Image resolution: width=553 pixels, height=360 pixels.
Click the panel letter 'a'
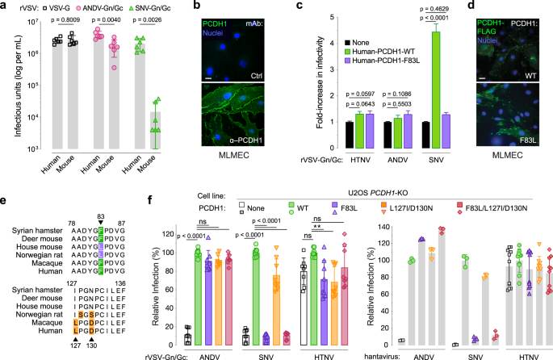pos(6,7)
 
